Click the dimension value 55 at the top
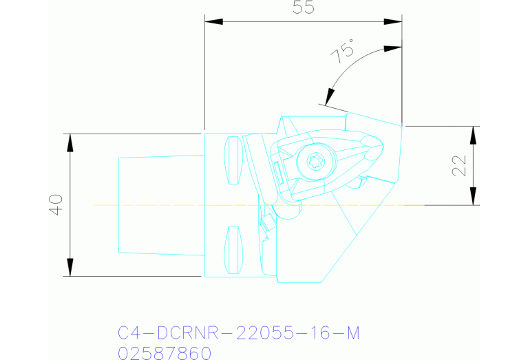(303, 9)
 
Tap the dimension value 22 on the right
(459, 165)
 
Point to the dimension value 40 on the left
(56, 204)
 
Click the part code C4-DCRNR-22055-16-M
(239, 333)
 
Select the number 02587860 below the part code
(165, 353)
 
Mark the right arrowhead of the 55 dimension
(393, 21)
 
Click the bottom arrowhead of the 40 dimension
(70, 268)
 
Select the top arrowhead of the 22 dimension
(474, 135)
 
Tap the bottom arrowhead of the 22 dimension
(474, 196)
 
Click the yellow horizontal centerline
(172, 205)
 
